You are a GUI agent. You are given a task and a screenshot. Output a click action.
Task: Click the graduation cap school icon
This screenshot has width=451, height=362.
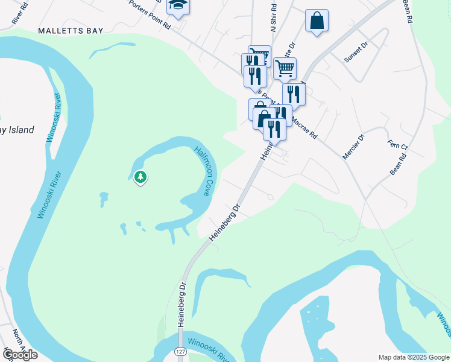(178, 5)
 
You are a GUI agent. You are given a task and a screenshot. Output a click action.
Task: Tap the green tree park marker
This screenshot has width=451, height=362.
(140, 177)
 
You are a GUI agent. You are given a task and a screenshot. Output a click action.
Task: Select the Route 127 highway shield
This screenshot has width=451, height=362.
(180, 351)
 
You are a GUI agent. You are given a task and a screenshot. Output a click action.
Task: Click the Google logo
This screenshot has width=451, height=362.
(20, 355)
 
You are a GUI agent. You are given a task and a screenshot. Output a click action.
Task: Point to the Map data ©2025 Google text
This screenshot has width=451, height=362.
(414, 357)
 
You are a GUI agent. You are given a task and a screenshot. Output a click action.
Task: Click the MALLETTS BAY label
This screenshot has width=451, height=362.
(71, 30)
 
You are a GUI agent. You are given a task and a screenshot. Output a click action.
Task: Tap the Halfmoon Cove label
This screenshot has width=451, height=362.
(203, 171)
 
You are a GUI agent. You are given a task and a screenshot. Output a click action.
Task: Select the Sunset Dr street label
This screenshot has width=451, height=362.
(355, 56)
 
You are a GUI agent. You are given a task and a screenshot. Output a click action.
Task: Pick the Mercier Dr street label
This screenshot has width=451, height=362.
(354, 147)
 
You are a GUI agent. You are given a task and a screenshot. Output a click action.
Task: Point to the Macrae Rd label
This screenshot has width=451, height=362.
(304, 128)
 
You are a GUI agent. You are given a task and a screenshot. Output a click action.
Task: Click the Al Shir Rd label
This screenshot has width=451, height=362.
(273, 20)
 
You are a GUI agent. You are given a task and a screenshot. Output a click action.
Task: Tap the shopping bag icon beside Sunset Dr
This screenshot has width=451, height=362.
(317, 21)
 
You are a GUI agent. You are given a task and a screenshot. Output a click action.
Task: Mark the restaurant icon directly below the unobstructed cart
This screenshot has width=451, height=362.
(293, 94)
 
